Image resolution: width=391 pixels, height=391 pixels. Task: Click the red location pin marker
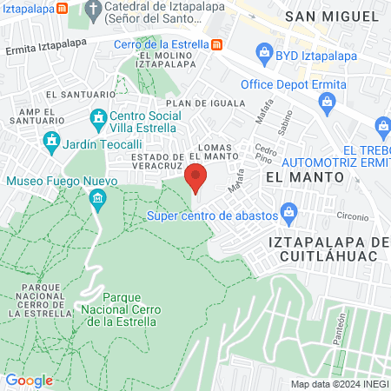[x=196, y=178]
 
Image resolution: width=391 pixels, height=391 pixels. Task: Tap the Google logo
[x=29, y=380]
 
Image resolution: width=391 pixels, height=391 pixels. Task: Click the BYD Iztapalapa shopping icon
[x=264, y=54]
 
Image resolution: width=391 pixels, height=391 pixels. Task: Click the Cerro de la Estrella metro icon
[x=216, y=44]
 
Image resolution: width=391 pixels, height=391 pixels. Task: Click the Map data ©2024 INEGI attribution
[x=338, y=384]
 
